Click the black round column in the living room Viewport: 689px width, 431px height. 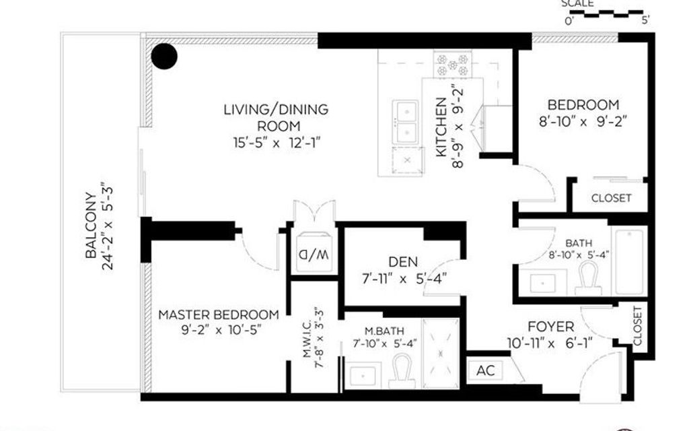click(164, 57)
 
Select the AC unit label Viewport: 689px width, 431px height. click(485, 370)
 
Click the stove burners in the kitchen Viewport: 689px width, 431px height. click(453, 65)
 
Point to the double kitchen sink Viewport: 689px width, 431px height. click(406, 121)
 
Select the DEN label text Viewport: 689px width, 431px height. click(402, 262)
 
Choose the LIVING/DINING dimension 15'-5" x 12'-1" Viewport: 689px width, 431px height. click(276, 142)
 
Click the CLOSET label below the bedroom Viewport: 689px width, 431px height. click(611, 198)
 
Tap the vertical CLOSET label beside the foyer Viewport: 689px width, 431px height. click(637, 327)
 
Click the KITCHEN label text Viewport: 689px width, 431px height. click(441, 127)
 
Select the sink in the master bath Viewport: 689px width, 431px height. click(364, 373)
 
